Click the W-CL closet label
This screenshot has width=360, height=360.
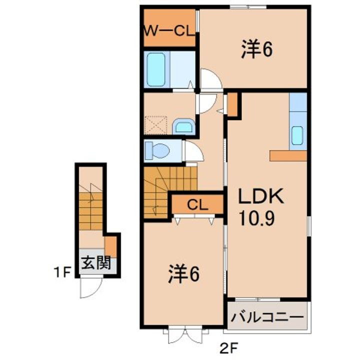pyautogui.click(x=168, y=31)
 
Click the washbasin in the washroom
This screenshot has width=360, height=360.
pyautogui.click(x=184, y=126)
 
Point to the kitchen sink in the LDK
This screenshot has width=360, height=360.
pyautogui.click(x=297, y=135)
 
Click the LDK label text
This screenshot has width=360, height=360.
pyautogui.click(x=260, y=196)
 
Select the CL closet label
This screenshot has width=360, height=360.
pyautogui.click(x=197, y=203)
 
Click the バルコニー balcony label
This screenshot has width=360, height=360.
pyautogui.click(x=267, y=317)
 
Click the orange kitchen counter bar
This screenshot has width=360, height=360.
pyautogui.click(x=287, y=155)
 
